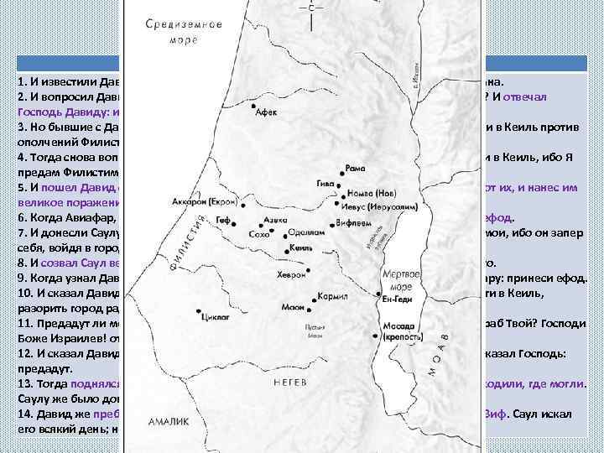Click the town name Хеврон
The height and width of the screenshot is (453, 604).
(290, 274)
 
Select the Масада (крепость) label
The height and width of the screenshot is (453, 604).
(400, 328)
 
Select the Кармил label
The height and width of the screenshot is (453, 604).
(334, 296)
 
